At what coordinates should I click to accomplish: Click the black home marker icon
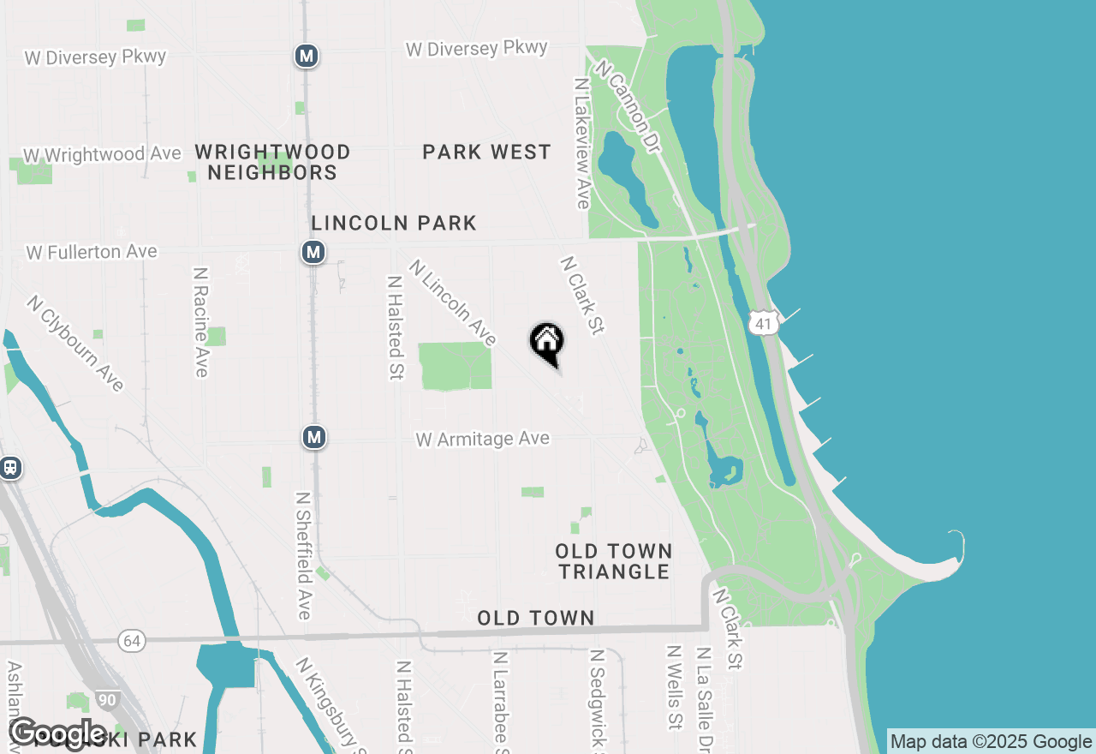(547, 343)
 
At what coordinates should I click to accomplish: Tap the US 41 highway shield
(761, 322)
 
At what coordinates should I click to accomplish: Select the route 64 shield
(131, 641)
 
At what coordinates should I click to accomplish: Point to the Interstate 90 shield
(107, 700)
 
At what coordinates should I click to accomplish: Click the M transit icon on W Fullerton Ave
(313, 253)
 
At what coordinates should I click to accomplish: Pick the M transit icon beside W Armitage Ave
(314, 437)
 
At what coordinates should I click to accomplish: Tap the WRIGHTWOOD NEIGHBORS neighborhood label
(272, 162)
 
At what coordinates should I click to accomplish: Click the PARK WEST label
(486, 153)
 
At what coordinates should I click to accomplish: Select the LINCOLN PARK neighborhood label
(394, 224)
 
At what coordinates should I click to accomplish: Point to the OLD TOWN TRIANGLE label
(613, 561)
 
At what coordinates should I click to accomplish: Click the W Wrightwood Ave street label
(102, 155)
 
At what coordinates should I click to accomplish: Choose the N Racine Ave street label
(201, 321)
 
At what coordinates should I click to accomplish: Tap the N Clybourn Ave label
(75, 343)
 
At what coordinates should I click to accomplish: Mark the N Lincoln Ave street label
(453, 302)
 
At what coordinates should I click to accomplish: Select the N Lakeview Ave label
(582, 143)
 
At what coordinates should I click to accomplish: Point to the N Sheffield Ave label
(303, 554)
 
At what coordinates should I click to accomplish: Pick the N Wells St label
(675, 686)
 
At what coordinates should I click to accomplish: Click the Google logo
(58, 734)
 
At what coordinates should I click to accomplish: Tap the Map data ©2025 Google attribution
(991, 742)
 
